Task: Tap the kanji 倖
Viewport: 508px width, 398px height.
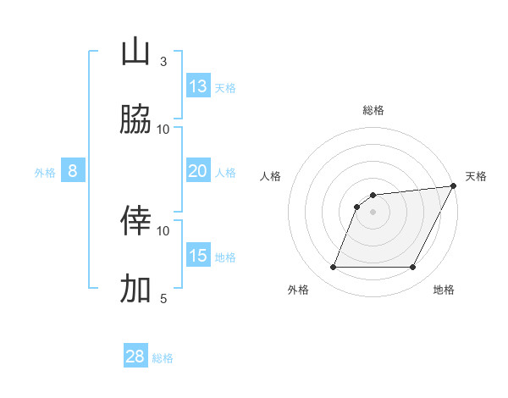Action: [x=136, y=221]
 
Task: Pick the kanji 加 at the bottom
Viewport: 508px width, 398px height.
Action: [x=136, y=289]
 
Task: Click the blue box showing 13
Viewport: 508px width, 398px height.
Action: [x=198, y=86]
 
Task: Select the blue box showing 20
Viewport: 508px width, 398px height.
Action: [x=198, y=171]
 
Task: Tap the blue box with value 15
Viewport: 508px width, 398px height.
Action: [x=198, y=256]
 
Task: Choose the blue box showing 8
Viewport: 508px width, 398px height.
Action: [x=73, y=171]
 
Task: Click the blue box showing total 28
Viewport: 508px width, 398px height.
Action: [x=135, y=357]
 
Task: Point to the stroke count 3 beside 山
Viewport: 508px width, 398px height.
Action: [x=163, y=61]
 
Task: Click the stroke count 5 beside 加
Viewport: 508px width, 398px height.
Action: [x=163, y=298]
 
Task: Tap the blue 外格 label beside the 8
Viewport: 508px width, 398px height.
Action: [x=45, y=172]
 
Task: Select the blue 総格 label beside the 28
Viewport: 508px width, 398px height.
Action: [x=163, y=357]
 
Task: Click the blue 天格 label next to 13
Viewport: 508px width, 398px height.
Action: [x=225, y=87]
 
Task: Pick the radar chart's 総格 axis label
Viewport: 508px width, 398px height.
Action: [x=373, y=110]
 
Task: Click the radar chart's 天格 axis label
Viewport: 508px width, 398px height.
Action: [x=476, y=176]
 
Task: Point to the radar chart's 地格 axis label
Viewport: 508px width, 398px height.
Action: [x=444, y=290]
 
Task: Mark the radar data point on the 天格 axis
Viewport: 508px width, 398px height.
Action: [x=454, y=186]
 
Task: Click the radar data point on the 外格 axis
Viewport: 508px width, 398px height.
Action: [x=333, y=268]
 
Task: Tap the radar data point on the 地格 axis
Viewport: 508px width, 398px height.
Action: [x=413, y=268]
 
